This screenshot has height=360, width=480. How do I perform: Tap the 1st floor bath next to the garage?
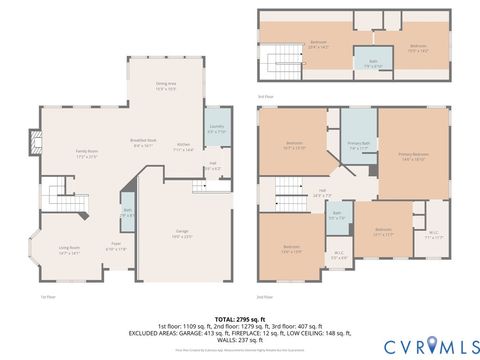coord(128,213)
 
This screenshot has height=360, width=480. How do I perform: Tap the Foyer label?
coord(116,247)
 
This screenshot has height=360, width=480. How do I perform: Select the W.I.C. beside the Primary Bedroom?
coord(433,236)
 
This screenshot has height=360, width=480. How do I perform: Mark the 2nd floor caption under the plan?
coord(265,297)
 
